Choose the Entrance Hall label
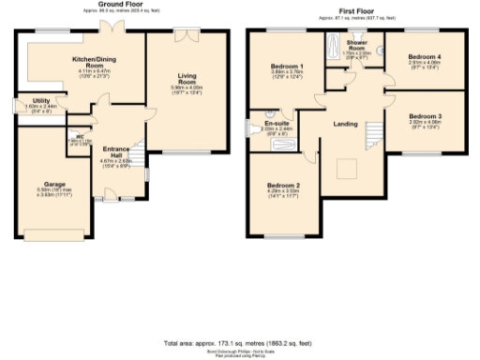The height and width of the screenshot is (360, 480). (x=116, y=152)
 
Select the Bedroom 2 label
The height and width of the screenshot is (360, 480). (x=282, y=185)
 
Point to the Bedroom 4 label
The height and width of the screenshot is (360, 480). (x=425, y=57)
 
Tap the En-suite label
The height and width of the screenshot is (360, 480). (x=278, y=123)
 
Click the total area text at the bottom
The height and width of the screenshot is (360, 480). (x=240, y=345)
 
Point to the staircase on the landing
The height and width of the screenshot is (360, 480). (x=375, y=131)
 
